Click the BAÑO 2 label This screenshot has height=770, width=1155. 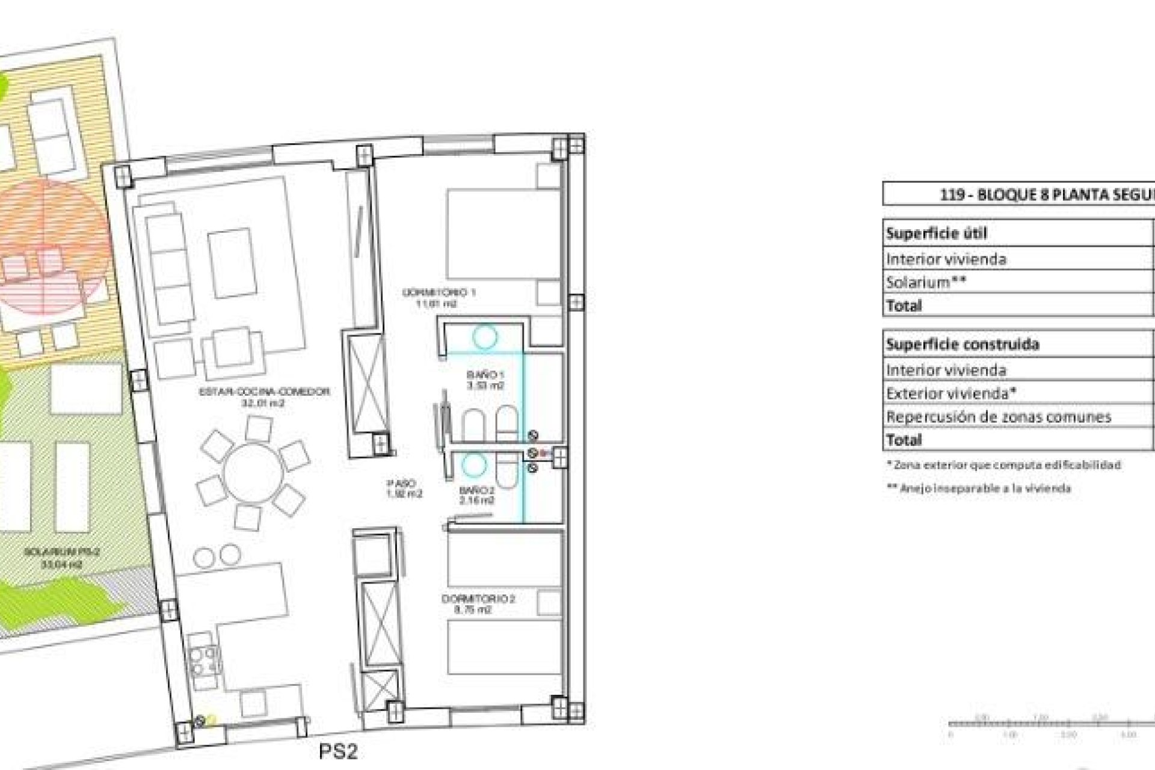click(x=476, y=494)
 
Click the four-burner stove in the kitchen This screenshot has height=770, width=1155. click(x=202, y=661)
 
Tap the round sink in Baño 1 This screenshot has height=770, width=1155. click(x=484, y=337)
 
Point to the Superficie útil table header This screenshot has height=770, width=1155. click(x=936, y=233)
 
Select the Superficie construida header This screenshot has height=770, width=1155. click(x=962, y=344)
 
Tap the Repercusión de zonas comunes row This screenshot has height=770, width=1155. click(x=999, y=416)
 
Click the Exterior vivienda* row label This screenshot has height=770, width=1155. click(x=951, y=393)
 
